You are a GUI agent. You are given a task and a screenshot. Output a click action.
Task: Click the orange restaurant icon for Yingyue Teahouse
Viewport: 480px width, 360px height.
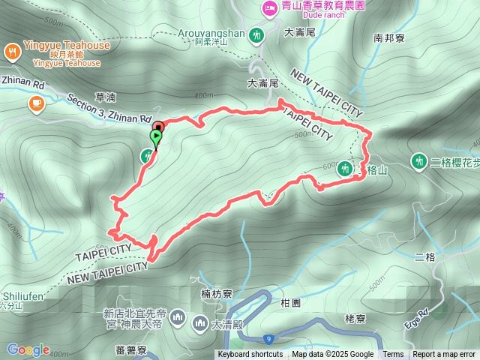12,52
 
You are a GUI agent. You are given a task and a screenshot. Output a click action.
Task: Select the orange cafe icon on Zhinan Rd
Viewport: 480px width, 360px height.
36,103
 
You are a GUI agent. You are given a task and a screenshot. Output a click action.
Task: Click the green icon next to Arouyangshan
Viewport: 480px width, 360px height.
257,34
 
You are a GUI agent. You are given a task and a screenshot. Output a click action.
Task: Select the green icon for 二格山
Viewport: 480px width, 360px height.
344,169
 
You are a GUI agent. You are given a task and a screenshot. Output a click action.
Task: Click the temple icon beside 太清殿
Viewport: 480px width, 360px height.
199,323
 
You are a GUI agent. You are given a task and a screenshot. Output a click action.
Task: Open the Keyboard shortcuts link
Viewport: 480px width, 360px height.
250,355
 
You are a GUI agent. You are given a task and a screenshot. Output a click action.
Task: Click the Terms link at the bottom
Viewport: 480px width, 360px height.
393,355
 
